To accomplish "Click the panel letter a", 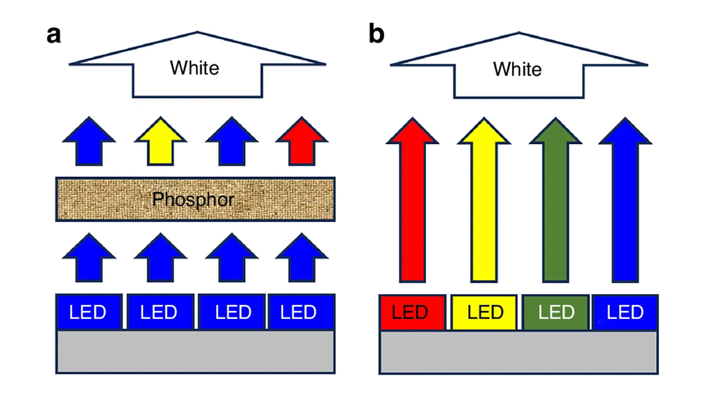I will (x=54, y=35).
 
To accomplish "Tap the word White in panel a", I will (x=194, y=68).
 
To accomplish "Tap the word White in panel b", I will (x=517, y=70).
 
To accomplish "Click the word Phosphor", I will (x=193, y=200).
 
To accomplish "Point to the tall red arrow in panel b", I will (x=413, y=205).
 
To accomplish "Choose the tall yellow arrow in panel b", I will (x=484, y=205).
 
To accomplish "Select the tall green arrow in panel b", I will (x=555, y=205).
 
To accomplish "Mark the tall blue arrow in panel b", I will (x=625, y=205).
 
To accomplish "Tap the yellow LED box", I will (x=484, y=312).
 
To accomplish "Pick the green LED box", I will (x=556, y=312).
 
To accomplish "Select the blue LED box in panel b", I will (x=625, y=312).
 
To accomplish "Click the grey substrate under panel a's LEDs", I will (x=196, y=352).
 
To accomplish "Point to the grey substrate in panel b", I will (x=518, y=352).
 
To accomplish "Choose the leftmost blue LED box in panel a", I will (x=88, y=312).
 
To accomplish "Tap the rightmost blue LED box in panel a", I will (x=302, y=312).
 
